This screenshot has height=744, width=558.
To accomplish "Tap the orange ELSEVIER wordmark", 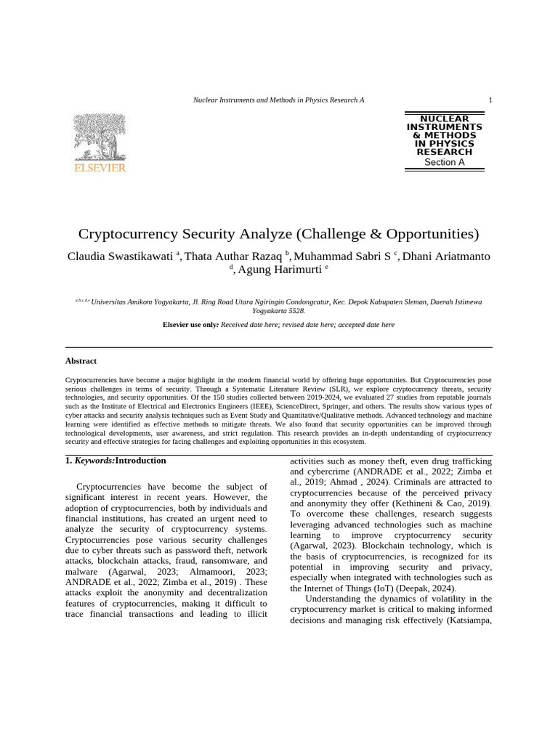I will coord(100,169).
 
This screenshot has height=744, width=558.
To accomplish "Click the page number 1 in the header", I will coord(490,100).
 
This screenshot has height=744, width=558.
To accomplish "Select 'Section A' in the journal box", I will coord(444,163).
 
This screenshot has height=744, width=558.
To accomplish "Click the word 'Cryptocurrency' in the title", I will coord(128,234).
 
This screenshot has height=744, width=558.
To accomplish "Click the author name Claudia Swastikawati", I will coord(121,256).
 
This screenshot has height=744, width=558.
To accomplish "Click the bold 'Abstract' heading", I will coord(81,361).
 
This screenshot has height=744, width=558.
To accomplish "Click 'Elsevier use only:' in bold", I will coord(190,325).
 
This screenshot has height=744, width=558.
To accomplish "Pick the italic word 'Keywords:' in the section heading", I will coord(94,461).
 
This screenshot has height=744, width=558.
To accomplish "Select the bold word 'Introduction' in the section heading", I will coord(141,461).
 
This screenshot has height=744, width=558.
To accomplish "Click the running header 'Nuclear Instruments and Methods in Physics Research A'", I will coord(278,100).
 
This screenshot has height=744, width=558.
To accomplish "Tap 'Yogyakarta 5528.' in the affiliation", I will coord(278,310).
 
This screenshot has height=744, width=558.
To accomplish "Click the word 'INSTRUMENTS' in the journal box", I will coord(444,127).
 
